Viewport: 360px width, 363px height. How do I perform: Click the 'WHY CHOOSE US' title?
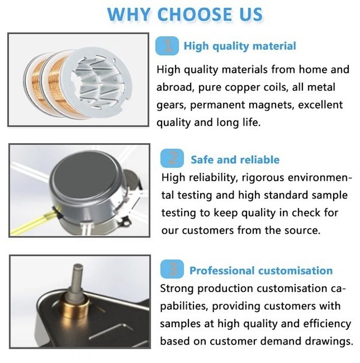[185, 14]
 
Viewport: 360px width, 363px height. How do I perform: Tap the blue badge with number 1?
[167, 45]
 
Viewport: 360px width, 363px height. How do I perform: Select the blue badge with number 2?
[172, 159]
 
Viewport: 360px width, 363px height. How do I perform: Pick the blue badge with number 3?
[172, 269]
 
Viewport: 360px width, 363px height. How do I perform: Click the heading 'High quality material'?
[240, 46]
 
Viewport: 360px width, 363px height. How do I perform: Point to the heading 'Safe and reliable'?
[235, 160]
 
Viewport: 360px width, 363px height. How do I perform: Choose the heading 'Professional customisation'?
[261, 270]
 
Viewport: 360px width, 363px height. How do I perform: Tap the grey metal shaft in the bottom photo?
[77, 279]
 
